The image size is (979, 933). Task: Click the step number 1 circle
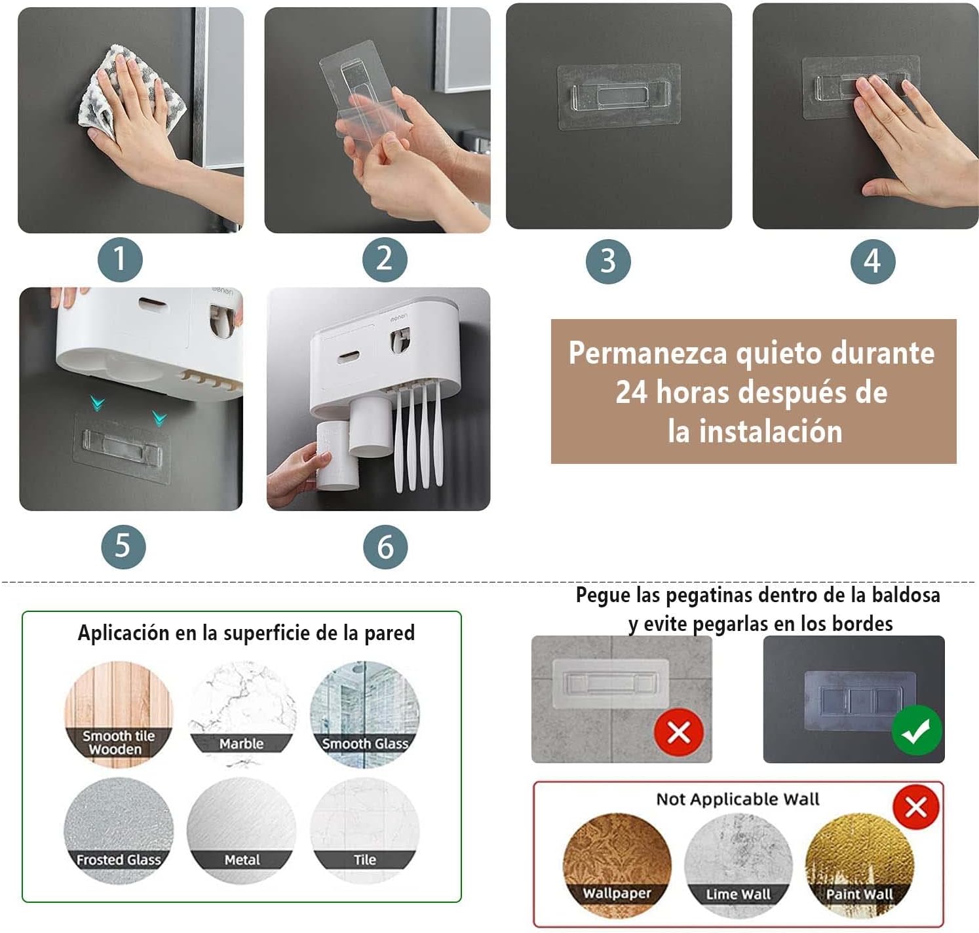coord(120,260)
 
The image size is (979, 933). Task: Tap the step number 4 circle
coord(872,261)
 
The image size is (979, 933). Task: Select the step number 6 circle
coord(385,547)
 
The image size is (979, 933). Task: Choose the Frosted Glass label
coord(118,860)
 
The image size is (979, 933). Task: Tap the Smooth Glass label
coord(365,744)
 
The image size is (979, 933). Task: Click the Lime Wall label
coord(739,894)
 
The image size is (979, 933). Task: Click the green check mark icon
coord(916,731)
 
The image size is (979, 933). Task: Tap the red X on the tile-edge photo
coord(679,732)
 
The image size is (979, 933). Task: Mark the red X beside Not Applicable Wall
coord(915,807)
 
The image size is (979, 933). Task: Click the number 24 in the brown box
coord(631,392)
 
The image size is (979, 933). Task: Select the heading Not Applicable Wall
coord(738,799)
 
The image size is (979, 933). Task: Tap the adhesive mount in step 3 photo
coord(619,96)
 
